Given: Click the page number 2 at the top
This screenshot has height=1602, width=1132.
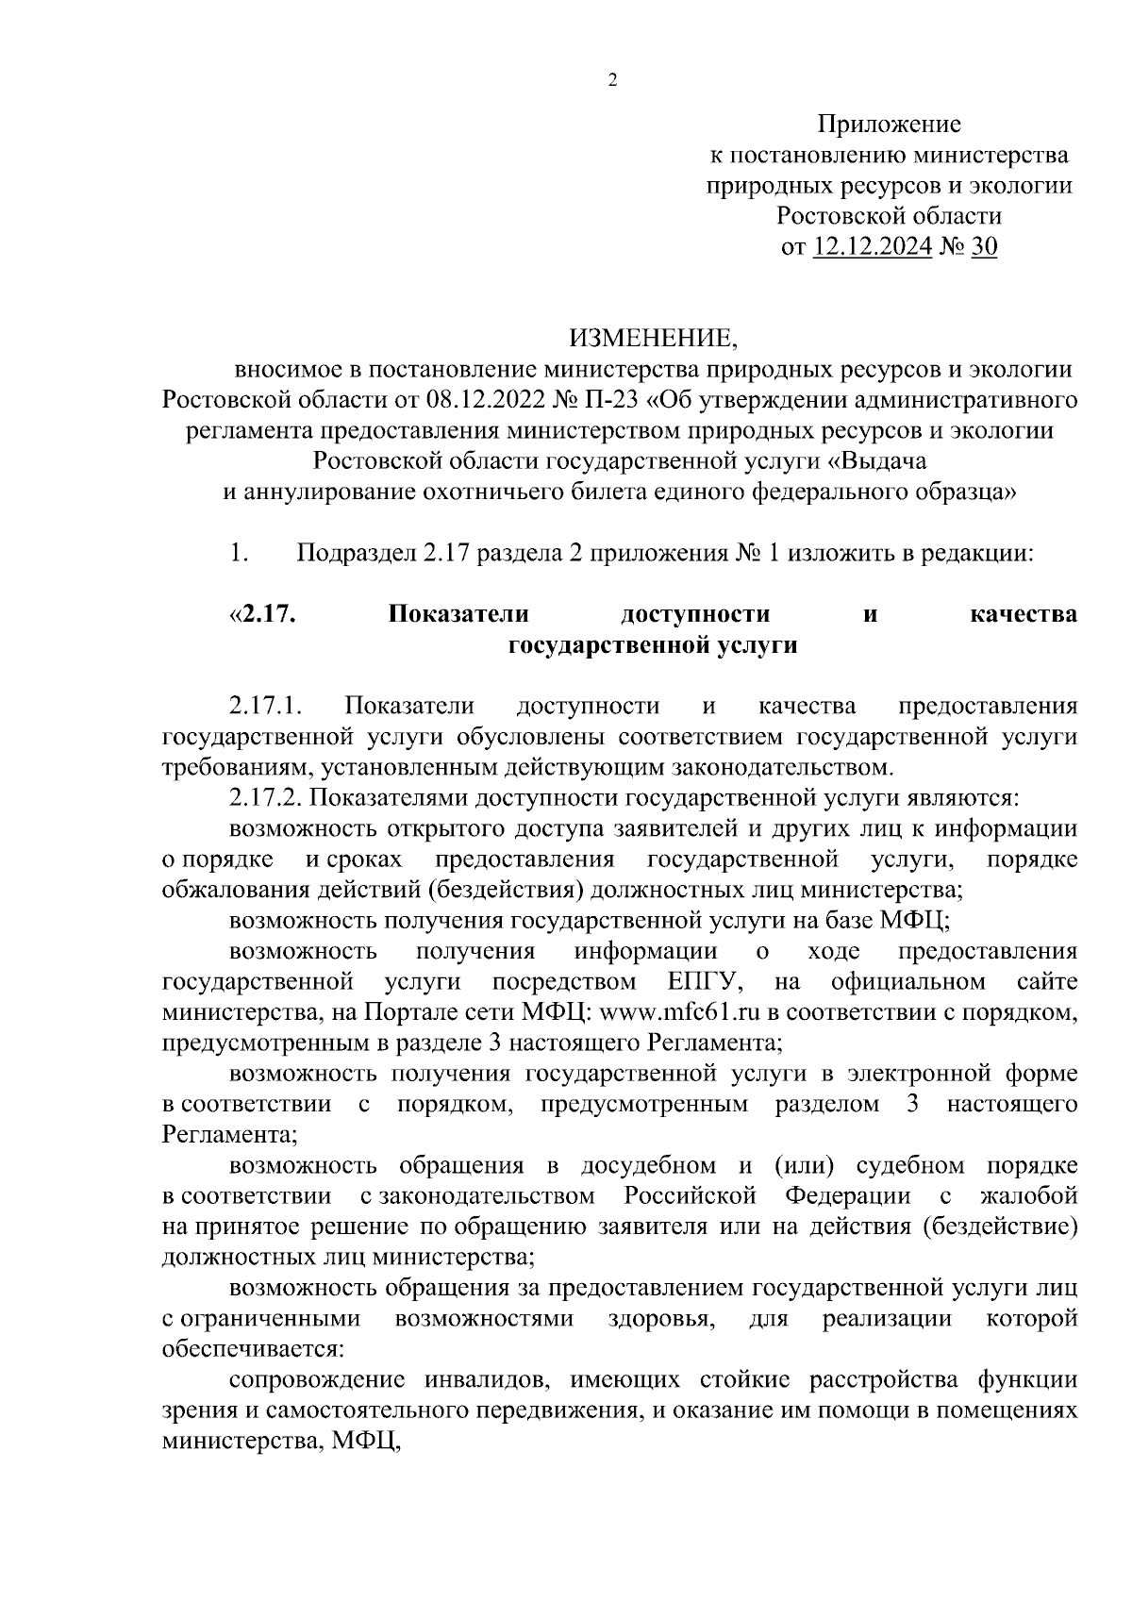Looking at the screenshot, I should tap(611, 81).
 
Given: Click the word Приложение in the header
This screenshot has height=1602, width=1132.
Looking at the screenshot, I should tap(889, 124).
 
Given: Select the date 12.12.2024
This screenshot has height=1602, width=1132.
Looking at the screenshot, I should tap(873, 247).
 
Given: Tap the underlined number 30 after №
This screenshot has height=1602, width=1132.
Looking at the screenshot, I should tap(984, 247).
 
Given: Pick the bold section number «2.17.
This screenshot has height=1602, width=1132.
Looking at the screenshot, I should tap(263, 615).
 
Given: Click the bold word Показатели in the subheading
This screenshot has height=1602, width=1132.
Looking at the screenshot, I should tap(458, 615).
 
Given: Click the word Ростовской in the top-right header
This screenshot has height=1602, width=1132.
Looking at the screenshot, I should tap(834, 216).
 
